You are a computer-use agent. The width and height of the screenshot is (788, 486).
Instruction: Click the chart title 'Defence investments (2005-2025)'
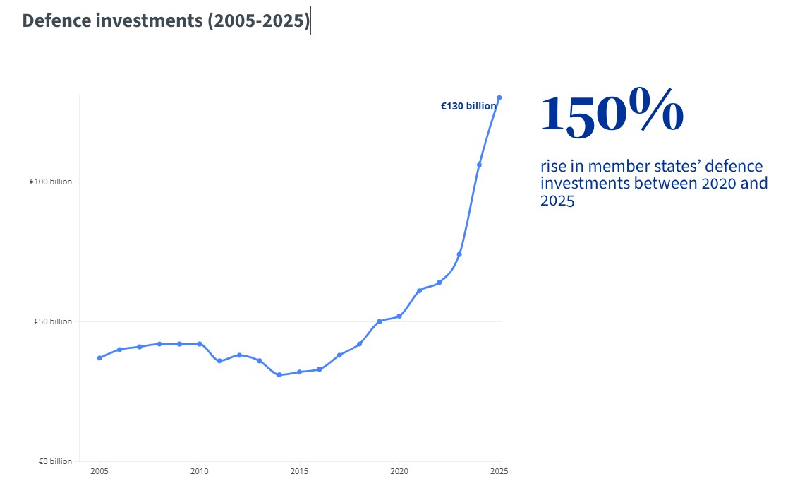(166, 21)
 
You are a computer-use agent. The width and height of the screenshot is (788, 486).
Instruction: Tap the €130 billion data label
(468, 106)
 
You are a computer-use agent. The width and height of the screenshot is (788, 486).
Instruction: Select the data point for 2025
(499, 97)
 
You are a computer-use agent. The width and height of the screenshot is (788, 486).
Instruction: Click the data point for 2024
(479, 165)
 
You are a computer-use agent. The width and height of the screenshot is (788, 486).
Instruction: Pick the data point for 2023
(459, 254)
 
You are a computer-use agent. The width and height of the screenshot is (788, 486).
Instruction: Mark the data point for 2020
(399, 316)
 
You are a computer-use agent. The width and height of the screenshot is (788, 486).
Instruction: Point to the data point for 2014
(279, 374)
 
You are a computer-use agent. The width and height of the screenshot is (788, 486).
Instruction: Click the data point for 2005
(99, 357)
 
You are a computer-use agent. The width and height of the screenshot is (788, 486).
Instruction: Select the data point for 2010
(200, 344)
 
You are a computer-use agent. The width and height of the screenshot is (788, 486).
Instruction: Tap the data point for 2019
(380, 321)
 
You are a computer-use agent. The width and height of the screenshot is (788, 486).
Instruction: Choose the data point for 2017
(339, 355)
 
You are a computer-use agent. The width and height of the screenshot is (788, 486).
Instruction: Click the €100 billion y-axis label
(51, 182)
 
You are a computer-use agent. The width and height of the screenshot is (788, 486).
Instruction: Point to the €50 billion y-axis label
(53, 321)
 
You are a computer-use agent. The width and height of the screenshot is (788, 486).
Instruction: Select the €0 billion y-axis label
(55, 461)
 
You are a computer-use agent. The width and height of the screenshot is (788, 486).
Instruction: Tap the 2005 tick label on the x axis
(99, 471)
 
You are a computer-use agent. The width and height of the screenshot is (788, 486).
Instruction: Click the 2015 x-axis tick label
(299, 471)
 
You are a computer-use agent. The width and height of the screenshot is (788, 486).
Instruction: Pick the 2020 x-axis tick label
(399, 471)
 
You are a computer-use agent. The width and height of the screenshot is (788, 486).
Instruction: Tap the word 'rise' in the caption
(554, 167)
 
